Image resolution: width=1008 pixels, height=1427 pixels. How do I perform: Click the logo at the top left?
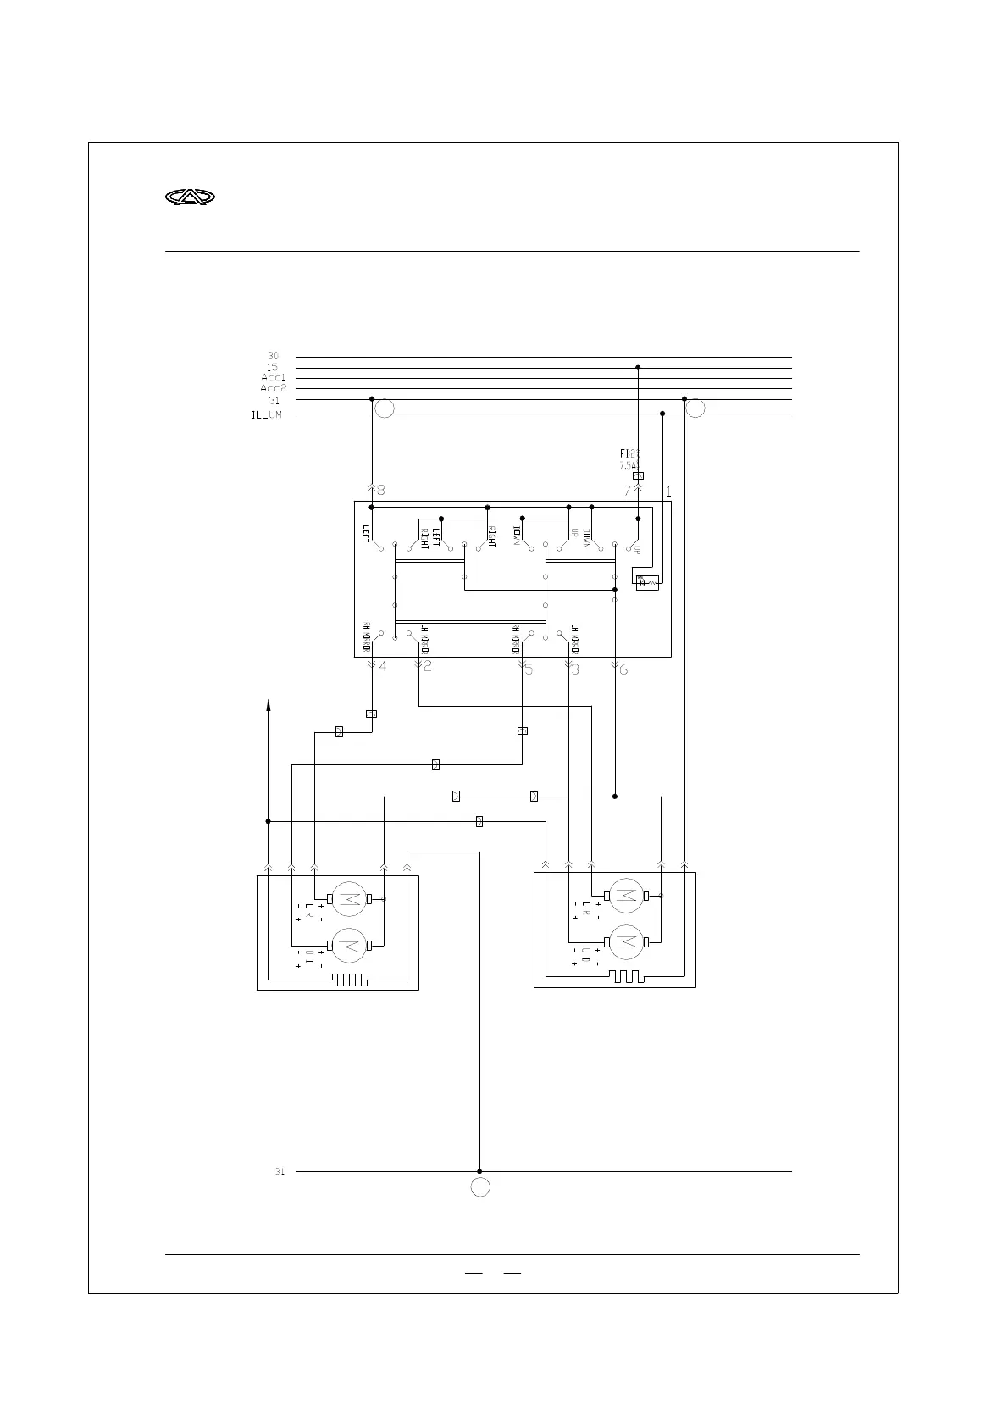click(x=190, y=197)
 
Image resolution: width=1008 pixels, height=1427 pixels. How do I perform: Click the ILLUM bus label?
click(x=266, y=415)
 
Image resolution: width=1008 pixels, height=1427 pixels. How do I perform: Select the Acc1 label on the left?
click(x=273, y=378)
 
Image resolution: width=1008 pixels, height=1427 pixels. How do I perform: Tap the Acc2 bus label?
click(x=273, y=388)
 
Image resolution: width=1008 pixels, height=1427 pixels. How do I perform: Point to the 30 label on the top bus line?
click(x=273, y=357)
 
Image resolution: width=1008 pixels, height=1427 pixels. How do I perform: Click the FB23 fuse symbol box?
click(x=638, y=476)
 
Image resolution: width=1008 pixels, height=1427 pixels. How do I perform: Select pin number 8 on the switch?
click(x=380, y=490)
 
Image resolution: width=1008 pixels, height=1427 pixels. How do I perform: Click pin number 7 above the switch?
click(x=627, y=490)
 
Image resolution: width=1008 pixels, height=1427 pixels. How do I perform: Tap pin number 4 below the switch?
click(x=383, y=667)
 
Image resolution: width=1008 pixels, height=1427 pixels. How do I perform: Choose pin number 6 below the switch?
click(x=623, y=670)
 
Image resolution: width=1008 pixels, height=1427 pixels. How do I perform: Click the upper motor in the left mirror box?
click(x=347, y=899)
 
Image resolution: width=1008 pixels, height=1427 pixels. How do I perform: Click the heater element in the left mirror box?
click(x=350, y=980)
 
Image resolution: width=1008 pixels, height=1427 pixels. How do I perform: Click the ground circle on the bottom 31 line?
click(x=480, y=1187)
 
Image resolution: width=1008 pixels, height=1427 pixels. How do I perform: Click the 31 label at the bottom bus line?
click(x=279, y=1172)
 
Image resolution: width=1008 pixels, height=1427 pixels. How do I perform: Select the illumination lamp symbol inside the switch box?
click(x=647, y=582)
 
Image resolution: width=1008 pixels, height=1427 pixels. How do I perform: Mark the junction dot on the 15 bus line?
click(x=638, y=368)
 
